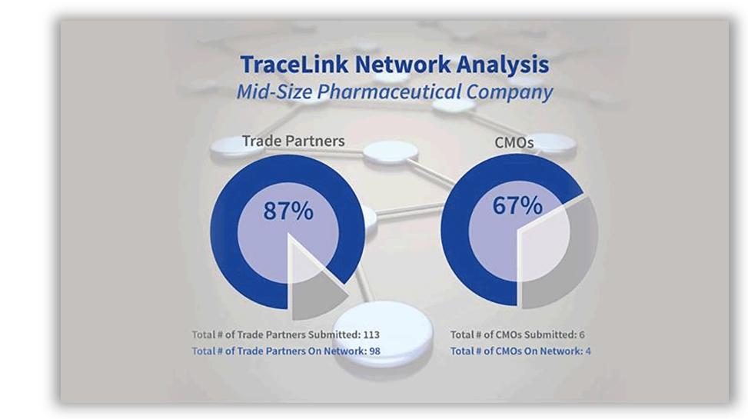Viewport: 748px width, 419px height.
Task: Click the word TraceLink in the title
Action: (x=294, y=65)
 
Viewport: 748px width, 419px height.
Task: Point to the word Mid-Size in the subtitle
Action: (x=274, y=91)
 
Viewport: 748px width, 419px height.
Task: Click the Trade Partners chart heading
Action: (x=293, y=141)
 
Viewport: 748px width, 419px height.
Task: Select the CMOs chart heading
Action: (x=514, y=142)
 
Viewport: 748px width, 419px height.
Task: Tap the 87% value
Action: (x=288, y=211)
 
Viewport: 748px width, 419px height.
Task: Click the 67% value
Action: (x=517, y=205)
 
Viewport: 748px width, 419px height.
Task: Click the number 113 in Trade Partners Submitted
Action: (x=371, y=334)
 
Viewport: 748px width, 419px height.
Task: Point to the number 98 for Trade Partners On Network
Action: (x=374, y=351)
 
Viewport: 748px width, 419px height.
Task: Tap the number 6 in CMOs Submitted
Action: (x=581, y=334)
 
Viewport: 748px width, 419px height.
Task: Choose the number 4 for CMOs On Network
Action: (x=587, y=351)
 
